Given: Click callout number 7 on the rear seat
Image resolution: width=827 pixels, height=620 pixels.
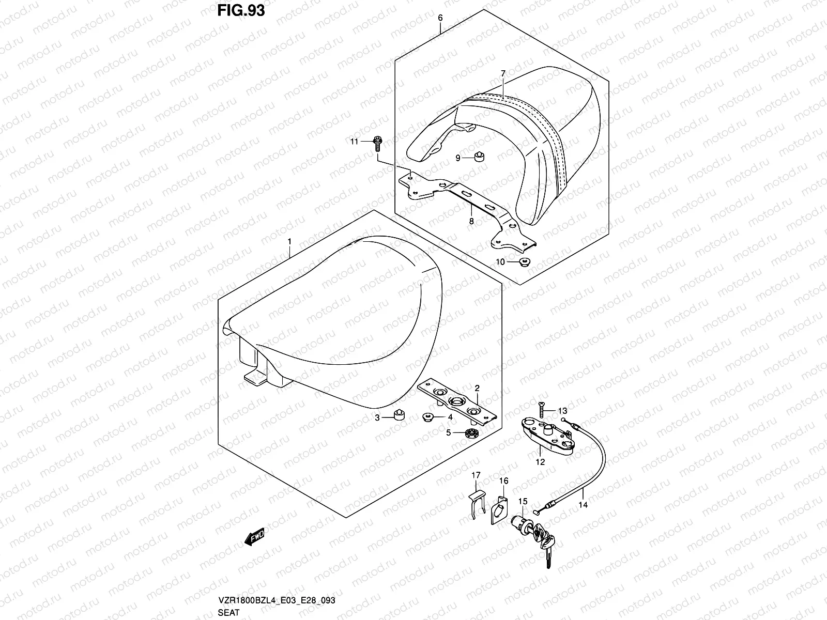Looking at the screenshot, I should [x=502, y=74].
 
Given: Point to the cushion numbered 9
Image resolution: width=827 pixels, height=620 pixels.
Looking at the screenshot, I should [x=479, y=158].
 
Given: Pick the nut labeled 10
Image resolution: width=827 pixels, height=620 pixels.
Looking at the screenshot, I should [x=523, y=262].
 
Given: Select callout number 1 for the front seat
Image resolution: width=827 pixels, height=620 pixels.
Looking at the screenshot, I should [x=289, y=241].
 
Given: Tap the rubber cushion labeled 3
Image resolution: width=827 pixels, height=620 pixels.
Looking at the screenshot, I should [x=398, y=416].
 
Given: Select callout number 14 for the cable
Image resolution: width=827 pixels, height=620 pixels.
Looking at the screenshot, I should [x=584, y=505].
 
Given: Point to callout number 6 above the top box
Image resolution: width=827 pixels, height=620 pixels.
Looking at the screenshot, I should [x=440, y=18].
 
